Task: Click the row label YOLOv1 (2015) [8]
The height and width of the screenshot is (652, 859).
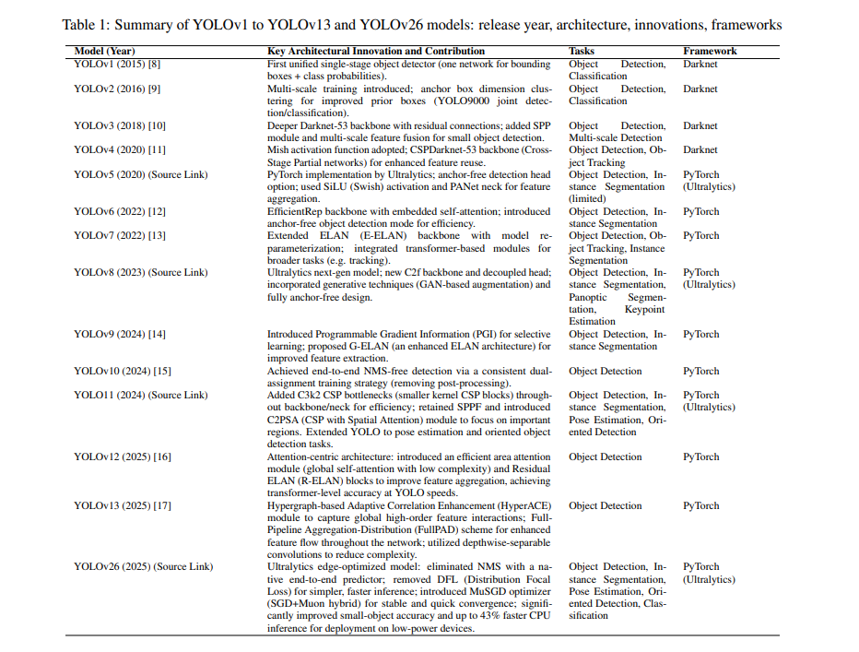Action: (114, 65)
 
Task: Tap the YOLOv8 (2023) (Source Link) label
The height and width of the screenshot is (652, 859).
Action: (141, 273)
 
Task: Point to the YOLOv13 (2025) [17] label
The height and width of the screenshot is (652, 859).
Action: (120, 506)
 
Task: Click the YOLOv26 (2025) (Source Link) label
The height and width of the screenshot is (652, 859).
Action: (143, 567)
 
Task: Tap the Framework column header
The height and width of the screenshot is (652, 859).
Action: (710, 52)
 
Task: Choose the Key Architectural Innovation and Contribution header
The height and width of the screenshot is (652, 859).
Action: (376, 52)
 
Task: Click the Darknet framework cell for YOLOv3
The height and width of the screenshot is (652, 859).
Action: (700, 126)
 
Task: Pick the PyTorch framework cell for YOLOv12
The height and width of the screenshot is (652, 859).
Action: (701, 457)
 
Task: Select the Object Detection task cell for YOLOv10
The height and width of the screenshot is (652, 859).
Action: (606, 372)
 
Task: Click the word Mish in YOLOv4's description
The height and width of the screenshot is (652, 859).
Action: (278, 150)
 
